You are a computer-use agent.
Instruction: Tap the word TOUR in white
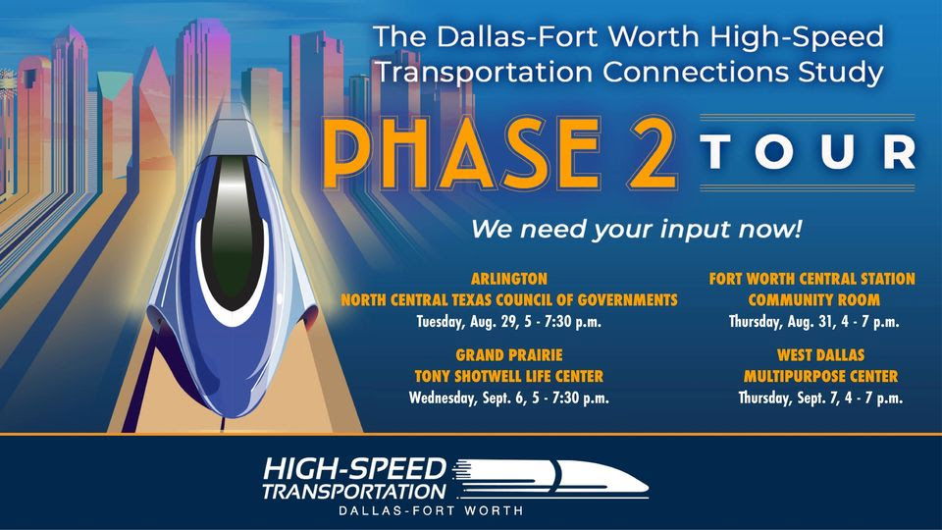[808, 152]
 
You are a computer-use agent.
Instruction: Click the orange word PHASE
[461, 153]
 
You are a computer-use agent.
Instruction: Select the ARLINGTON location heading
[509, 279]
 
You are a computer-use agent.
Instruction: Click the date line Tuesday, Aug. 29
[509, 322]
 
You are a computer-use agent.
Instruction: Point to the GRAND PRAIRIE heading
[509, 355]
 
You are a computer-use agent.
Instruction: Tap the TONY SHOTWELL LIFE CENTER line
[509, 376]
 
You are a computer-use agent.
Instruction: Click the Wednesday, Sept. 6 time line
[509, 397]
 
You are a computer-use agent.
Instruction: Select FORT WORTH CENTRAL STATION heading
[812, 279]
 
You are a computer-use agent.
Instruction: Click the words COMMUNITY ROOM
[814, 300]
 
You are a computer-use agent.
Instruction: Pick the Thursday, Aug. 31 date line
[814, 322]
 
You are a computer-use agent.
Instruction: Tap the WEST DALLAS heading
[820, 355]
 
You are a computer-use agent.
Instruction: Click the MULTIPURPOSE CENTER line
[820, 376]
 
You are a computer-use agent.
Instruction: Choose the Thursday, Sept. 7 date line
[820, 397]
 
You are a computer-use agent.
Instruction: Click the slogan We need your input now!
[636, 230]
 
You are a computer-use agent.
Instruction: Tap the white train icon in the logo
[549, 479]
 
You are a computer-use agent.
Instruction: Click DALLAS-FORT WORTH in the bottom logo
[431, 510]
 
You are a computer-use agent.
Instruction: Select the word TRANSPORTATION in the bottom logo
[354, 491]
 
